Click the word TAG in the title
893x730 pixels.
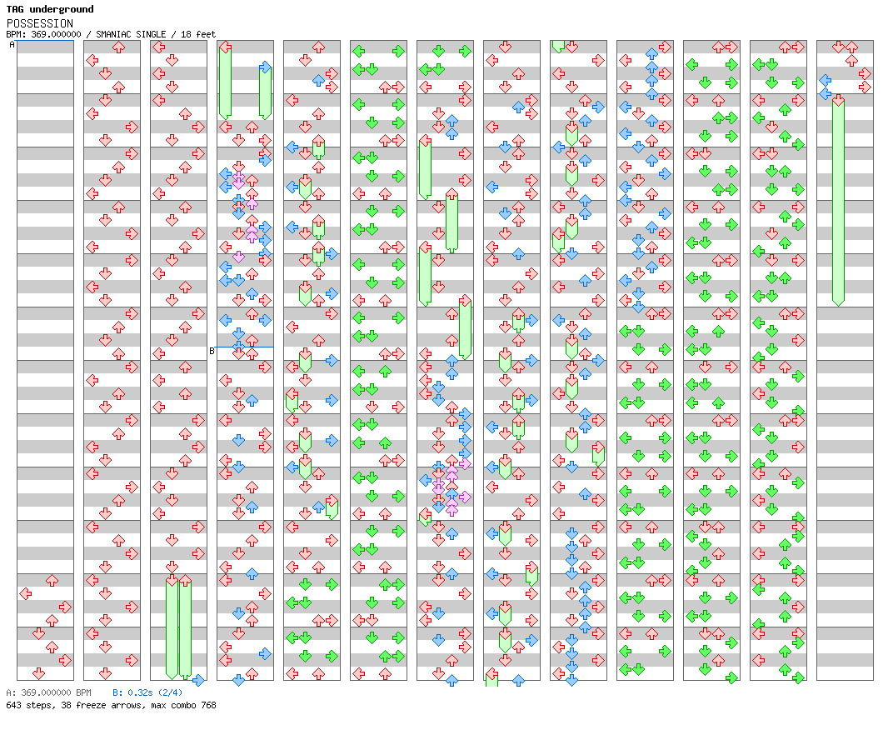tap(15, 9)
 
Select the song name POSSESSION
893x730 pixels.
tap(40, 23)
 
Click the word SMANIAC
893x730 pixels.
tap(113, 34)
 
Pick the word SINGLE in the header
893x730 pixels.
tap(151, 34)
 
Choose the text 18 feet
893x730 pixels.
tap(198, 34)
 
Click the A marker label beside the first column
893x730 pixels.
tap(12, 44)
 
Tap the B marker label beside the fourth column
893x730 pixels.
tap(212, 351)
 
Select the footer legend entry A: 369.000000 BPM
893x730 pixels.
tap(48, 692)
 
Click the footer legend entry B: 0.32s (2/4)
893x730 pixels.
tap(147, 692)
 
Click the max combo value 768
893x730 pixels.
tap(208, 705)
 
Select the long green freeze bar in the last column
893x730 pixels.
tap(838, 201)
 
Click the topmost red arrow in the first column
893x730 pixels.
tap(52, 580)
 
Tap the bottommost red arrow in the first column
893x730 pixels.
tap(38, 673)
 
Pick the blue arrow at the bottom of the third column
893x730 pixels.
tap(198, 680)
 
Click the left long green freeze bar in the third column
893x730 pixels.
tap(172, 627)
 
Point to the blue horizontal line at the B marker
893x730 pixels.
tap(245, 347)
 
